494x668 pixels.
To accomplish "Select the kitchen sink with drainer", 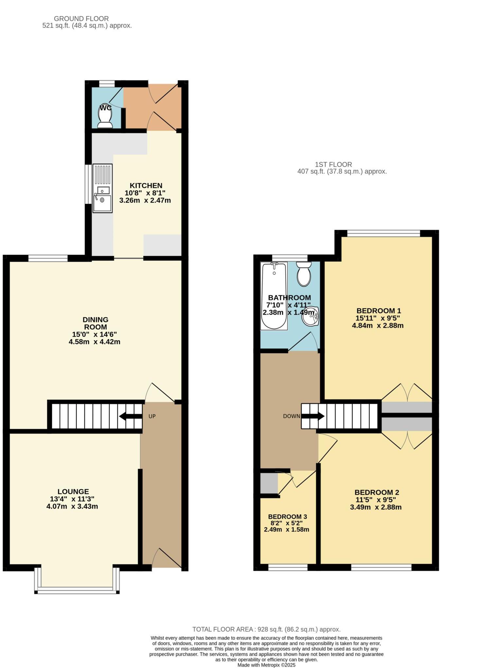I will pyautogui.click(x=102, y=188).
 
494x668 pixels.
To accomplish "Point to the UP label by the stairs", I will pyautogui.click(x=152, y=416).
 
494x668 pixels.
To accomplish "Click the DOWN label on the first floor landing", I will pyautogui.click(x=291, y=416).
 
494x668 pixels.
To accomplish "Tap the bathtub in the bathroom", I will pyautogui.click(x=274, y=295).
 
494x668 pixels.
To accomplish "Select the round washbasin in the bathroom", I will pyautogui.click(x=309, y=316).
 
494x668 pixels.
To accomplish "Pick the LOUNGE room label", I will pyautogui.click(x=73, y=492).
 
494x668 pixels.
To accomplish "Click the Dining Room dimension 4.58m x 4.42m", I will pyautogui.click(x=94, y=342).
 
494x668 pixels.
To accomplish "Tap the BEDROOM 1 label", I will pyautogui.click(x=379, y=310).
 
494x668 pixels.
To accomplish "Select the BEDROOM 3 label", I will pyautogui.click(x=287, y=516).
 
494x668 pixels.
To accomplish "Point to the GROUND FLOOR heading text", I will pyautogui.click(x=81, y=19).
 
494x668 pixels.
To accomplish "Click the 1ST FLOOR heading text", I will pyautogui.click(x=333, y=164).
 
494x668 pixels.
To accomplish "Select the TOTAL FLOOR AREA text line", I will pyautogui.click(x=266, y=629).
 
